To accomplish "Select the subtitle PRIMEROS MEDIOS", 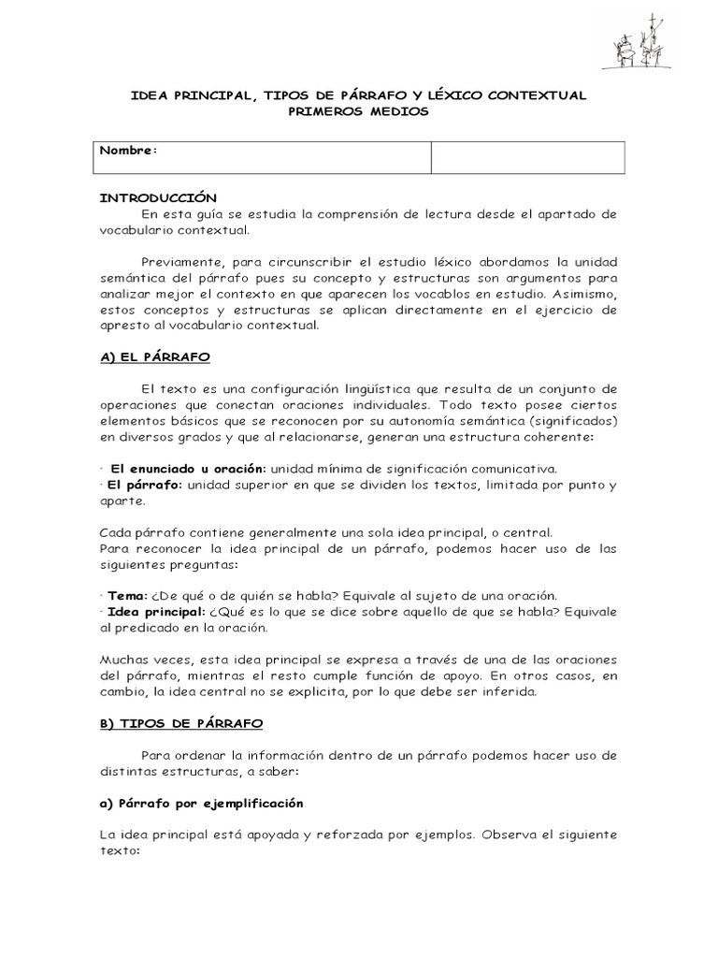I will pos(358,111).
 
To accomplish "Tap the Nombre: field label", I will pos(129,151).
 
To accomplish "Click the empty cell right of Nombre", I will pos(527,157).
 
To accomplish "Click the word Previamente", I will pos(181,261).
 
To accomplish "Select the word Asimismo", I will pos(584,293).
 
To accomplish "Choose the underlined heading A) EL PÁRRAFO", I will pos(154,356).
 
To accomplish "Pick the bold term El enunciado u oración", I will pos(189,468).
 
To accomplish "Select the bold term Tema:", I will pos(127,595).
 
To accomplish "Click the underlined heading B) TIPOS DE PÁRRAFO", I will pos(180,723).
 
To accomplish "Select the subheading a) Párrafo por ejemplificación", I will pos(201,804).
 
